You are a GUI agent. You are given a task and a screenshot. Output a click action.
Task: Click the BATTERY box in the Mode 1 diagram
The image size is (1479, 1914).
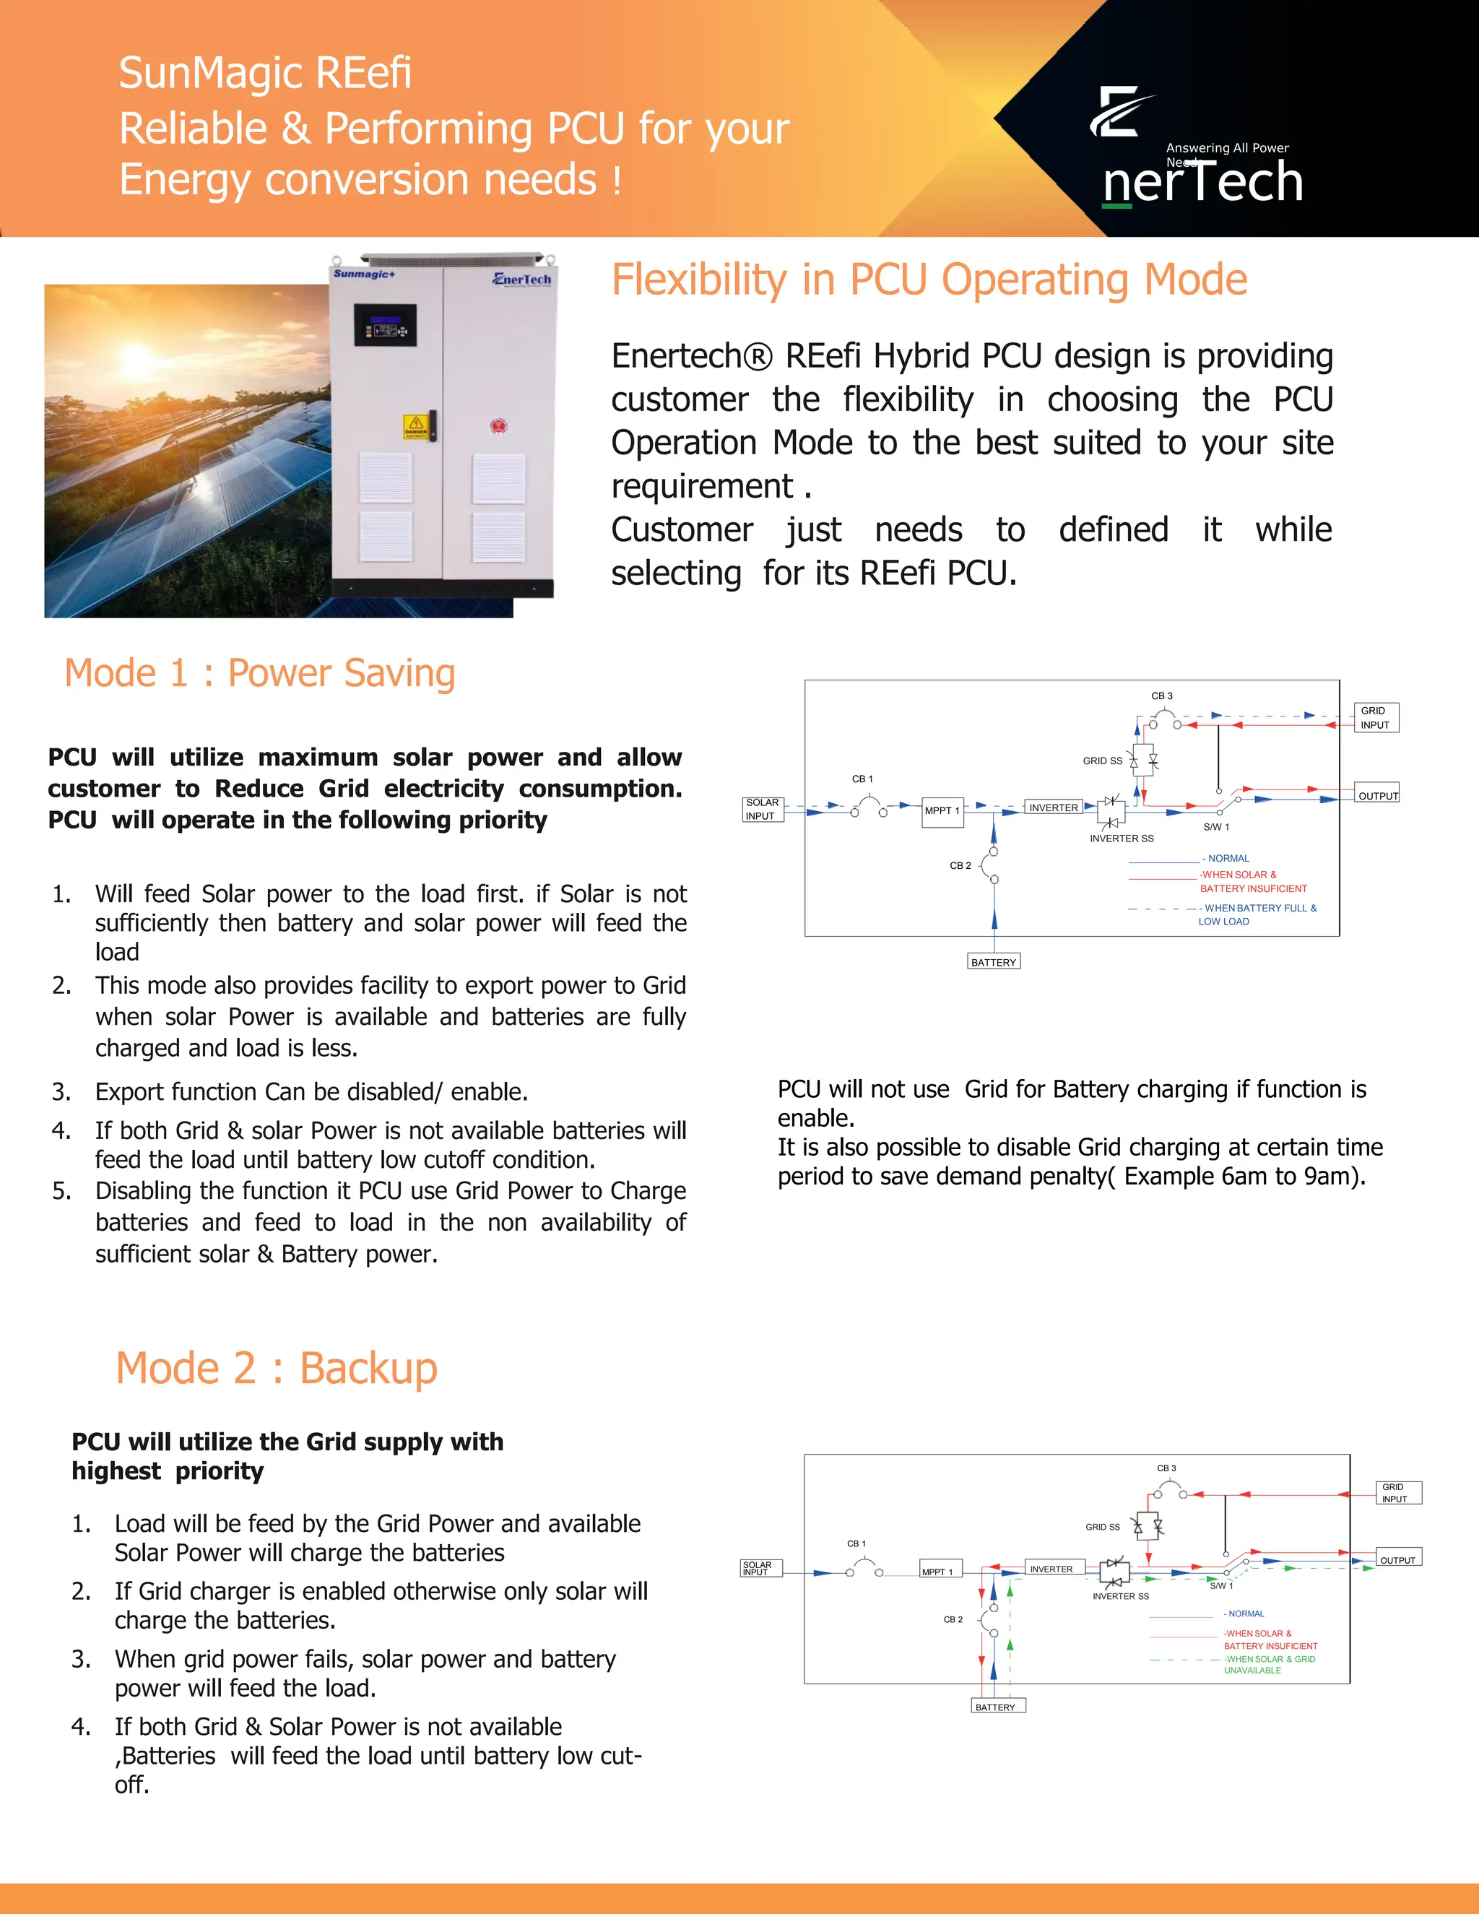[994, 961]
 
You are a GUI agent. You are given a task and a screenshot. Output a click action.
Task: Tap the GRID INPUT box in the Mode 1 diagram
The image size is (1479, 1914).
[1375, 718]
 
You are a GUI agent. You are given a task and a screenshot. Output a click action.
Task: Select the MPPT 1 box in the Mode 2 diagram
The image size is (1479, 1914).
[940, 1570]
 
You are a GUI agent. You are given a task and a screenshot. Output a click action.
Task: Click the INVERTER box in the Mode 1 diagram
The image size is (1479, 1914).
[1053, 807]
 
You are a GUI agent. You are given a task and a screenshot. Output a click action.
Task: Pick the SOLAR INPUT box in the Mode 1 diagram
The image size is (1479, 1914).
[761, 809]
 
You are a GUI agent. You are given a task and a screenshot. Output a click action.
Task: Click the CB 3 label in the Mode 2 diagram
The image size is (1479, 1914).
[1166, 1468]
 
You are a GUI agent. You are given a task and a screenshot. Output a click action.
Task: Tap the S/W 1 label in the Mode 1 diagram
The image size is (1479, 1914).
[1216, 826]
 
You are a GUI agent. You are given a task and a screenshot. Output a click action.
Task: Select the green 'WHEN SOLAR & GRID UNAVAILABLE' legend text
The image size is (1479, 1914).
[1269, 1664]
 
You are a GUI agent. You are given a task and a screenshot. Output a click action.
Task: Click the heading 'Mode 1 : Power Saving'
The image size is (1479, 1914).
[259, 673]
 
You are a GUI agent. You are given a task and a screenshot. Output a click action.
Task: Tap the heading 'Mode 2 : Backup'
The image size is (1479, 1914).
[276, 1368]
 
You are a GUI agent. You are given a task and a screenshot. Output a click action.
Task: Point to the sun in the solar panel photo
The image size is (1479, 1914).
[137, 357]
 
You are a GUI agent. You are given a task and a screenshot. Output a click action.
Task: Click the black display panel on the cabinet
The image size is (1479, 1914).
[385, 325]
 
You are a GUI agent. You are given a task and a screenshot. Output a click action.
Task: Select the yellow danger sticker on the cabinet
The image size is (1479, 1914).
[415, 427]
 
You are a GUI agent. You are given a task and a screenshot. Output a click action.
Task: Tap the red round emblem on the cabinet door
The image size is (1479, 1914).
[498, 426]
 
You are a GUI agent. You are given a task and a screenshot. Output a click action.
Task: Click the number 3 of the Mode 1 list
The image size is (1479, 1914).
[61, 1092]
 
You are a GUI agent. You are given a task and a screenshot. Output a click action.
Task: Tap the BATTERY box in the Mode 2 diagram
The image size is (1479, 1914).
[996, 1706]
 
